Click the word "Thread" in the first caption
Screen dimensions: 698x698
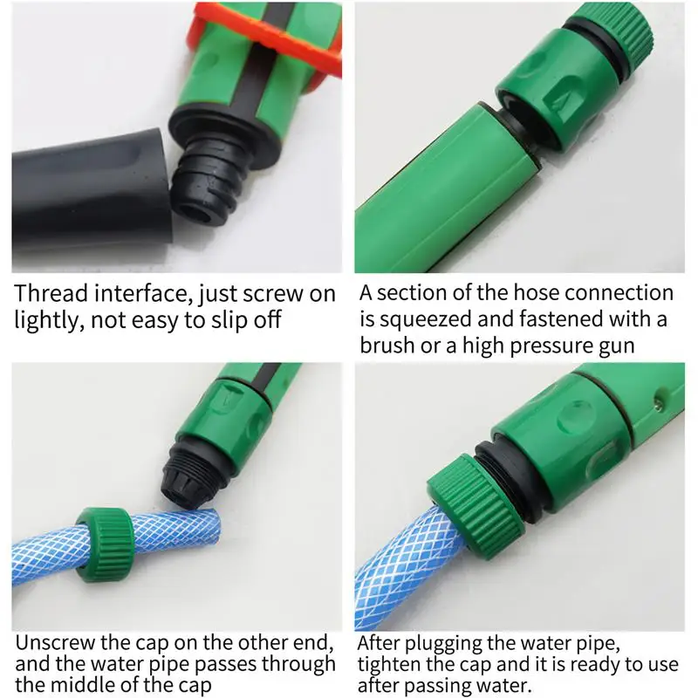(x=51, y=293)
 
